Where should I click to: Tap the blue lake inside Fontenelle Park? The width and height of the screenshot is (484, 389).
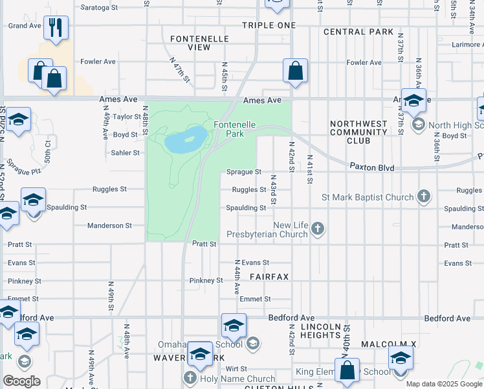coord(186,139)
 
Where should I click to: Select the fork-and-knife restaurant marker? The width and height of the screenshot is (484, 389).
coord(56,28)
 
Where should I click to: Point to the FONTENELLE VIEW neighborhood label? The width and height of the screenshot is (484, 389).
coord(190,43)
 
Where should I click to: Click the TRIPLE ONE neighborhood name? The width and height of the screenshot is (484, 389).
coord(269,25)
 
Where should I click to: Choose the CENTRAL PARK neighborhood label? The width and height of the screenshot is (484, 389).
coord(358,32)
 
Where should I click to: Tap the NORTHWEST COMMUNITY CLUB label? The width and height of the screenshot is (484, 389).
coord(358,132)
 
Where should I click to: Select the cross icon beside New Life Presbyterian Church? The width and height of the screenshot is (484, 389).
coord(317,228)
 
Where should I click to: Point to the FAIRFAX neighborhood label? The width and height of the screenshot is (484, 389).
coord(269,277)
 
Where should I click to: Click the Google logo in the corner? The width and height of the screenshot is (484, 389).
coord(21,381)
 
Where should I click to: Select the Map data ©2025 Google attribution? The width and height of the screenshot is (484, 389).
coord(443,384)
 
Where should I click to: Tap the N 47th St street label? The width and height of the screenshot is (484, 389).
coord(180,69)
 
